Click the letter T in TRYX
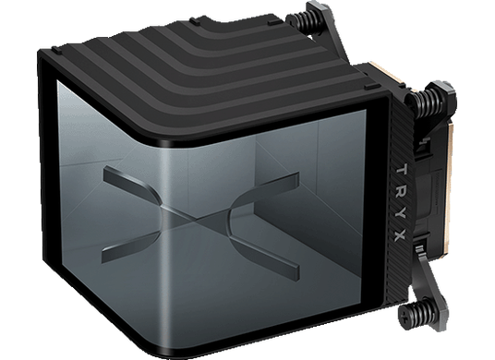pos(401,171)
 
